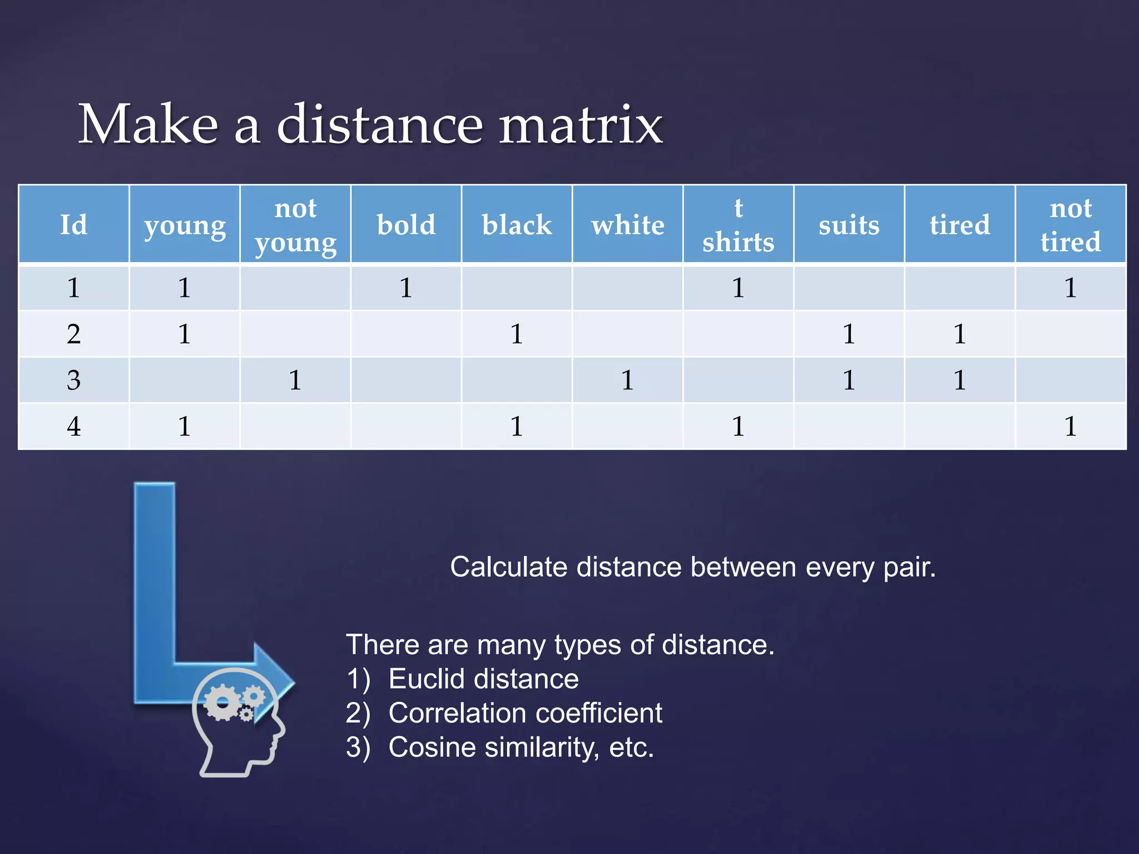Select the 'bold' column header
click(406, 225)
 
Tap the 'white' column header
click(627, 225)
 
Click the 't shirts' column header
click(738, 225)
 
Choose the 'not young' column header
click(295, 225)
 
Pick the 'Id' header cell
click(73, 225)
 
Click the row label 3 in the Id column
click(73, 380)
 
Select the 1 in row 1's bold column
click(406, 288)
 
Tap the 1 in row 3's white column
click(627, 380)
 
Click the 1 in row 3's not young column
click(295, 380)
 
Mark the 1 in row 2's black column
click(517, 334)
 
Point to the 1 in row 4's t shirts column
click(738, 426)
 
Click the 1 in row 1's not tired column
click(1071, 288)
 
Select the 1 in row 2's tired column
click(959, 334)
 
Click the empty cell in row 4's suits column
click(849, 426)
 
